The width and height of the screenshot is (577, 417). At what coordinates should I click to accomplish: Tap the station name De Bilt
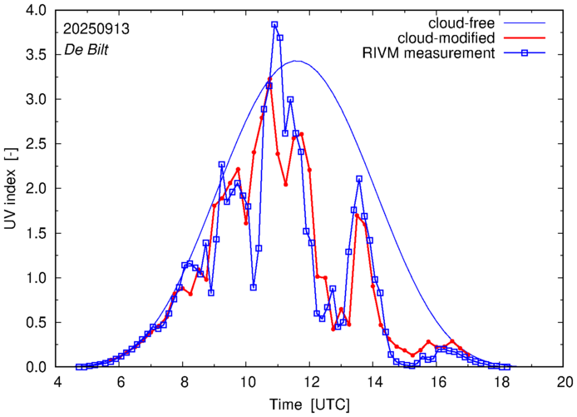pos(86,50)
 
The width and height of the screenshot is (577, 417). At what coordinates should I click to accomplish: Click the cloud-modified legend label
pos(446,38)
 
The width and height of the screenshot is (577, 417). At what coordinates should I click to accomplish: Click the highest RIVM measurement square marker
pos(274,25)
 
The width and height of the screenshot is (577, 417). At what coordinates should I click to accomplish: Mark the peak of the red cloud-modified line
pos(269,79)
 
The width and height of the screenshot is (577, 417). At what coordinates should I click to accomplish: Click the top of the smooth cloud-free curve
pos(297,61)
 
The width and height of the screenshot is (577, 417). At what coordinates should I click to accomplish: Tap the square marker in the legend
pos(525,54)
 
